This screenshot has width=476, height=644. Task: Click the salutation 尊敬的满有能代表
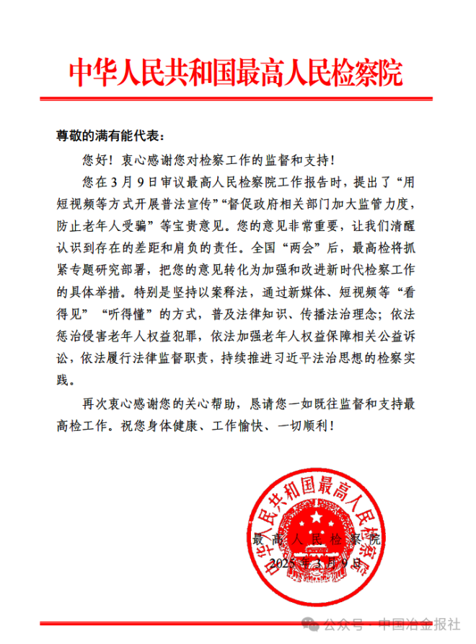pyautogui.click(x=111, y=135)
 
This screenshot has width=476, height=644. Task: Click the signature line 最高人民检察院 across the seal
pyautogui.click(x=317, y=539)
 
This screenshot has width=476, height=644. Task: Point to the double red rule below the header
pyautogui.click(x=236, y=98)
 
